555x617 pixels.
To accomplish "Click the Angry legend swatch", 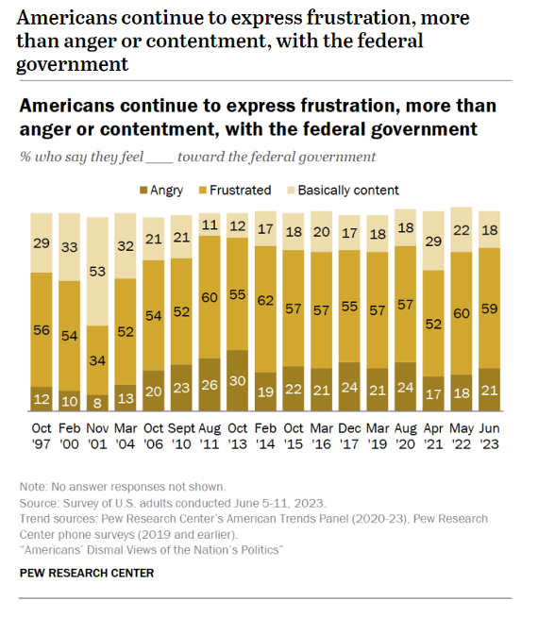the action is [143, 191].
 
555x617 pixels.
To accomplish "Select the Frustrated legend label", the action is [240, 190].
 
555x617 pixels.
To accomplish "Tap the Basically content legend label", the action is [348, 190].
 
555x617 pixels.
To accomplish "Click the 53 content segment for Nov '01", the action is [97, 272].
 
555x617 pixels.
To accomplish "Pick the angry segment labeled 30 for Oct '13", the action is [237, 380].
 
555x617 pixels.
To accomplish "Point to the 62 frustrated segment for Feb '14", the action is [265, 309].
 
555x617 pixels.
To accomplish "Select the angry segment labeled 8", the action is [97, 403].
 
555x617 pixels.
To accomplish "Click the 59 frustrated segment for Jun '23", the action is [489, 308].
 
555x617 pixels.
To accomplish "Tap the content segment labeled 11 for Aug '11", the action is [210, 225].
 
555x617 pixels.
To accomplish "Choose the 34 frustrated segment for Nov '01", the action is [97, 360].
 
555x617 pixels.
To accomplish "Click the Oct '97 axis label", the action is [42, 436].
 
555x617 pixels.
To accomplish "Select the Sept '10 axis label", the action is [181, 436].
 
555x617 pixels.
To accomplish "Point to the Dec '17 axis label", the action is [349, 436].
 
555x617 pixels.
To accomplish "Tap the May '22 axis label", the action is [462, 436].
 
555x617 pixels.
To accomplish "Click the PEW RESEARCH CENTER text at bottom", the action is [87, 573].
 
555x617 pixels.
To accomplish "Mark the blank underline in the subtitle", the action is [159, 161].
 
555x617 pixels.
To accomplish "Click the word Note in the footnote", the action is [33, 487].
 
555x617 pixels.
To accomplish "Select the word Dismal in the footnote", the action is [105, 550].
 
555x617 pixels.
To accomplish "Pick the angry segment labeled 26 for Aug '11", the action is [210, 385].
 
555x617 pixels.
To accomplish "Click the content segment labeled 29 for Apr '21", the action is [433, 241].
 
